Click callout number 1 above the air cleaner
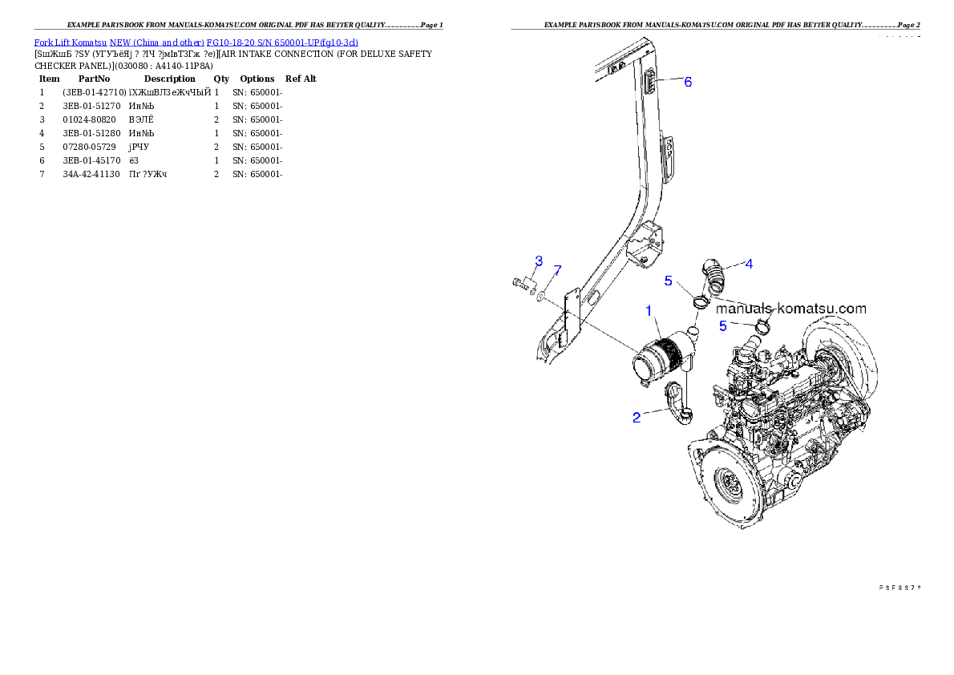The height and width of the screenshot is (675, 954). (x=649, y=309)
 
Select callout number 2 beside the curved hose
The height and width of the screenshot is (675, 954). (x=637, y=418)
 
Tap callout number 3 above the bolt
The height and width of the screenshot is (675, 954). (x=539, y=261)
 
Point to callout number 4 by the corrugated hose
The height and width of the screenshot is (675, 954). (x=748, y=263)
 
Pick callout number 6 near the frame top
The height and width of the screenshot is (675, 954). (x=688, y=82)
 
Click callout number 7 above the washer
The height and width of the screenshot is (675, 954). (x=558, y=269)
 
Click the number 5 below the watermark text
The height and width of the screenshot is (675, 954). (x=722, y=325)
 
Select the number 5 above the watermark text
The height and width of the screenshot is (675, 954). (x=668, y=281)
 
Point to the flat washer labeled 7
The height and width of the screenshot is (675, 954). (x=543, y=296)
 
